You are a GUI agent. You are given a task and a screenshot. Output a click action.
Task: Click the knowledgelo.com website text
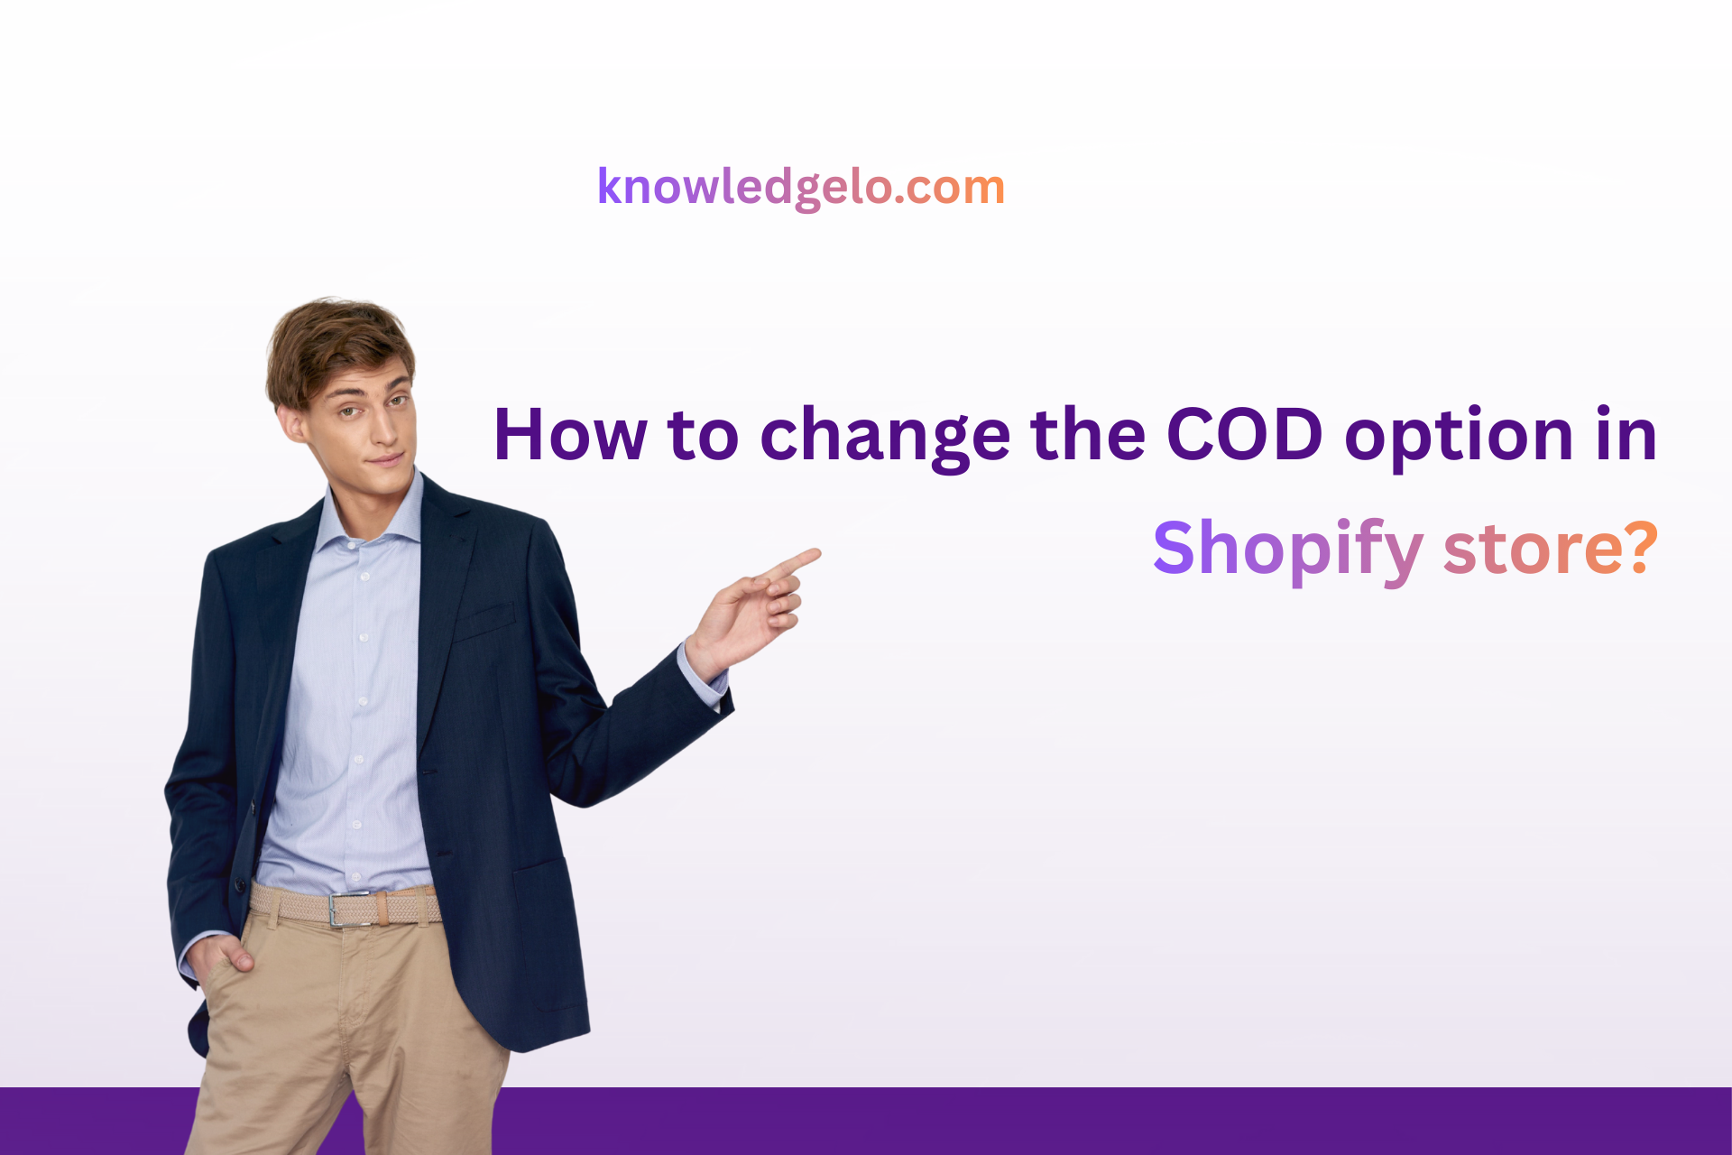click(x=801, y=188)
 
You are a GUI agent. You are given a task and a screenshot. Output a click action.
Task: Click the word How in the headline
click(x=570, y=435)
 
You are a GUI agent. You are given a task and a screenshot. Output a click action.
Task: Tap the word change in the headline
click(x=885, y=437)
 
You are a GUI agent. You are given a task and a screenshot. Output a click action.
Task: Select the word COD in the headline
click(x=1245, y=434)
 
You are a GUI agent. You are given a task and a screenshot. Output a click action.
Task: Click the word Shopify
click(x=1288, y=550)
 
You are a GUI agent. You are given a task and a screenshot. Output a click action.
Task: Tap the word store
click(x=1536, y=551)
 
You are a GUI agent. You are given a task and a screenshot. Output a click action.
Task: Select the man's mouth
click(x=386, y=460)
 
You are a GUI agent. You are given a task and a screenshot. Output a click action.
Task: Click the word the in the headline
click(x=1088, y=434)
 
